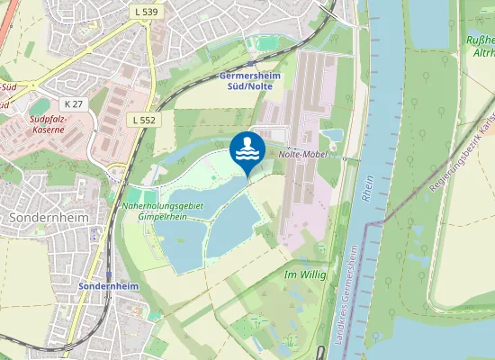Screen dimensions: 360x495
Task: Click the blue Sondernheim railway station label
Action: pos(108,285)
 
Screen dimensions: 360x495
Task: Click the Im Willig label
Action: pos(304,274)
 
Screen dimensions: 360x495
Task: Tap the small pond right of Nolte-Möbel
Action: pos(333,135)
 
